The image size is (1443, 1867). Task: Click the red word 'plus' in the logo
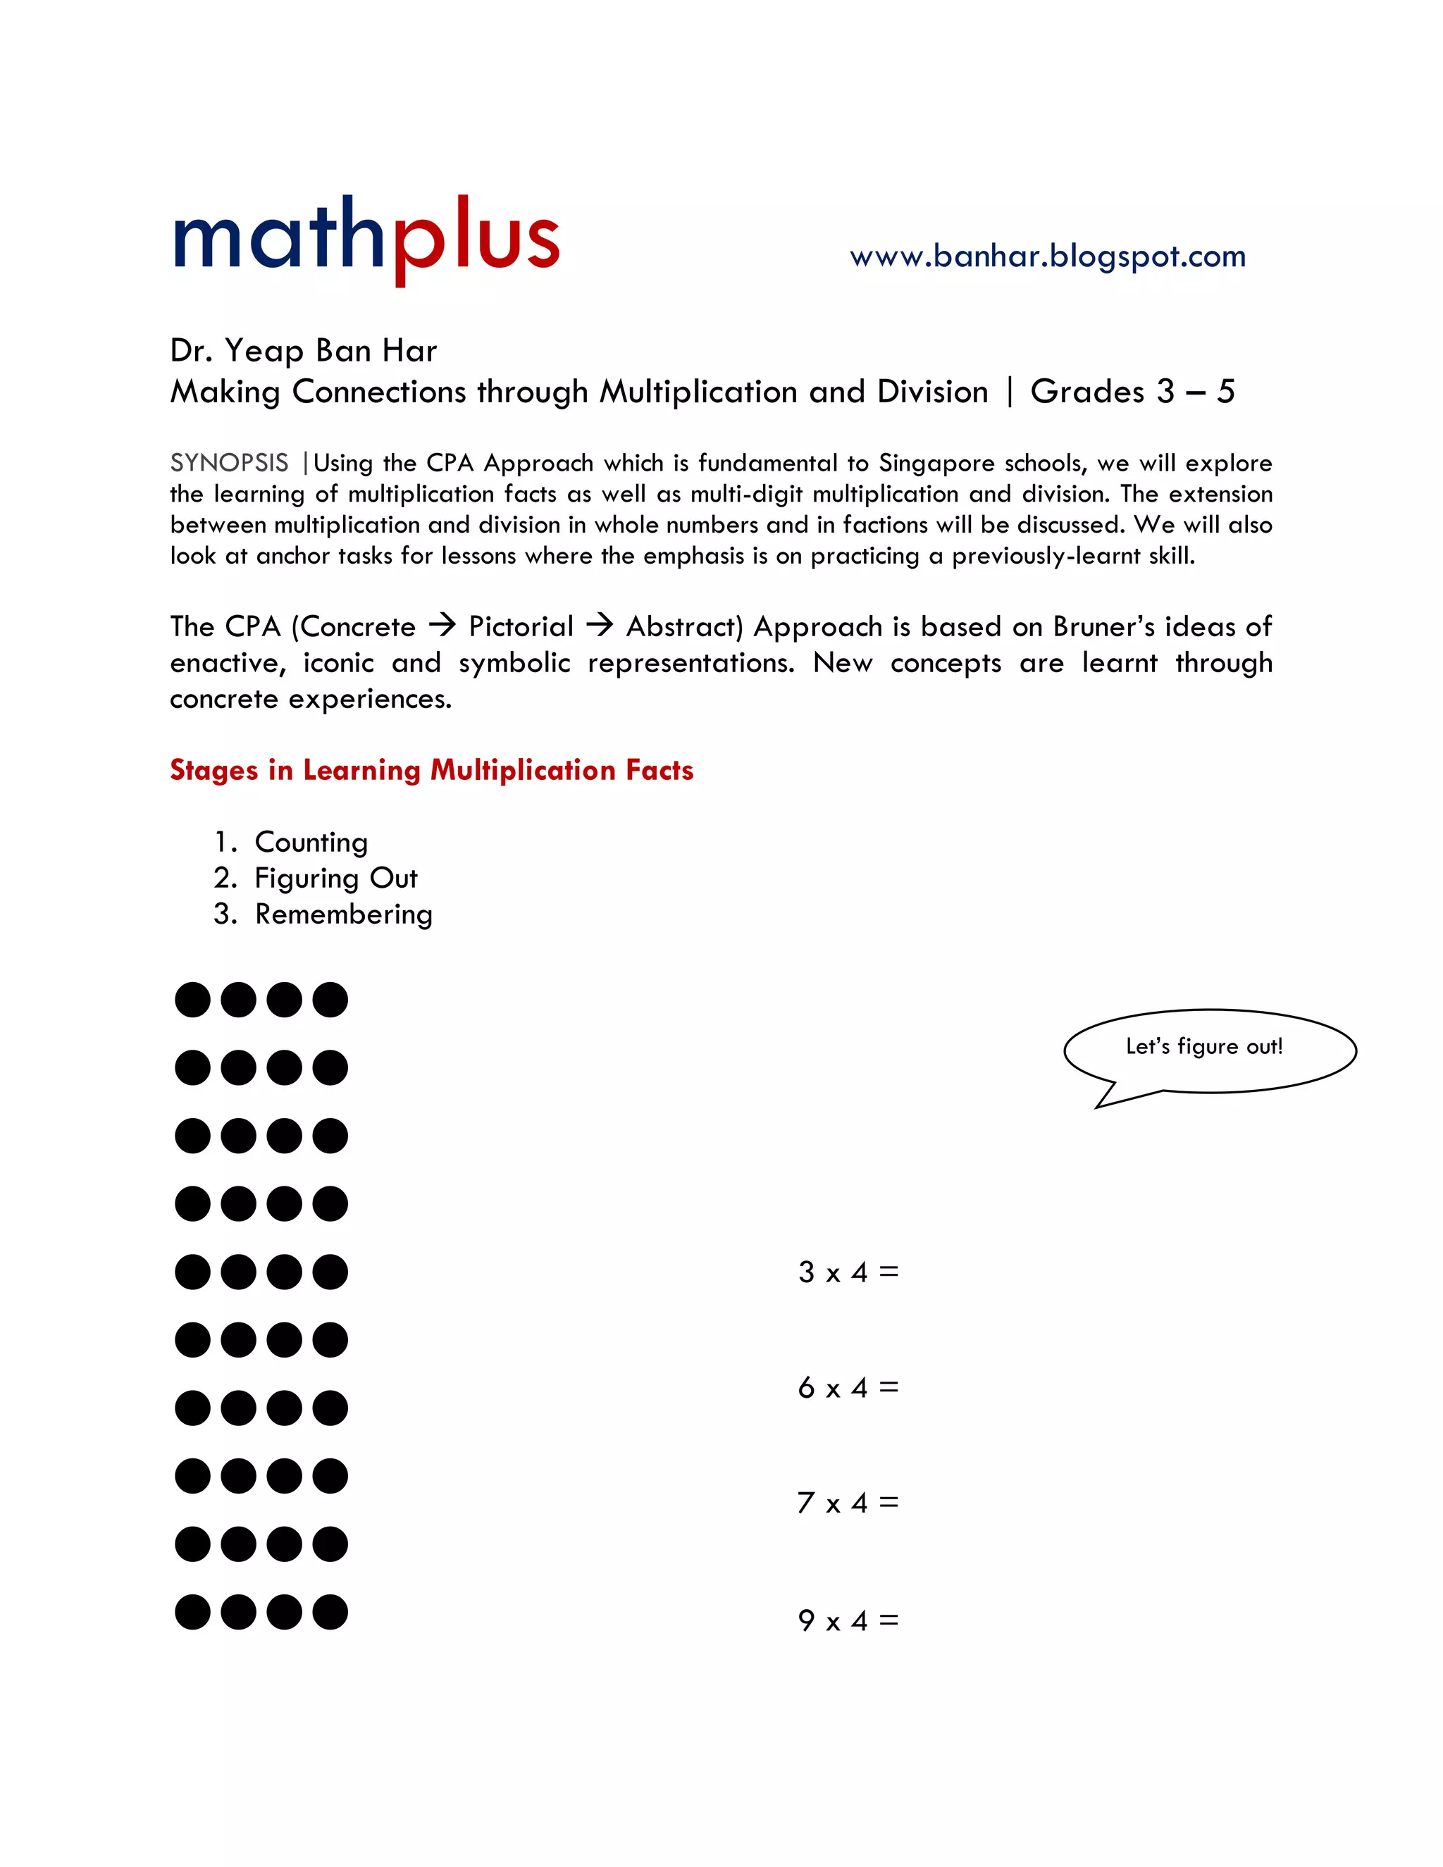coord(476,239)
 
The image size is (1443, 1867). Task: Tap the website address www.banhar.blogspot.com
coord(1047,256)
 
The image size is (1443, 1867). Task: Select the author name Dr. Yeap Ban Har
coord(304,350)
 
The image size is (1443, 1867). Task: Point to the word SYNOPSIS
coord(229,462)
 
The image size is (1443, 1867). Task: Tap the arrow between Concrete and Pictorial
coord(442,626)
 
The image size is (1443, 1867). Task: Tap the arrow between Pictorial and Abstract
coord(600,626)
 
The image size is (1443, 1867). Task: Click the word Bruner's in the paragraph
coord(1103,626)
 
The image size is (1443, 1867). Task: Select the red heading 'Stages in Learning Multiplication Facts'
coord(432,769)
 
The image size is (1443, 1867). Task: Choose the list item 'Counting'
coord(311,842)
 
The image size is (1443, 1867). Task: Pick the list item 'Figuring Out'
coord(336,878)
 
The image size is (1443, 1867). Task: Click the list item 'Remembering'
coord(344,914)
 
